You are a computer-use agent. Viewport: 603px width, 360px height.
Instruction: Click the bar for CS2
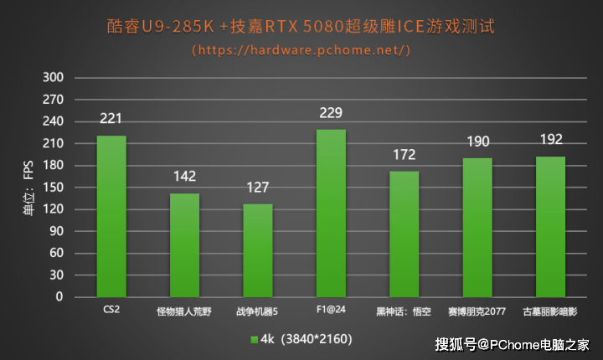(x=111, y=216)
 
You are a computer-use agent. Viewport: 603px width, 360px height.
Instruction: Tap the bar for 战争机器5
(x=258, y=250)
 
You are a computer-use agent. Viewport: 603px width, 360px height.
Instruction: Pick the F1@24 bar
(x=331, y=213)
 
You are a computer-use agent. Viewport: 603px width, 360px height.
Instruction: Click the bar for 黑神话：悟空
(x=404, y=234)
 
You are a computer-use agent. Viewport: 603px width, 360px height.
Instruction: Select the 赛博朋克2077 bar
(x=477, y=227)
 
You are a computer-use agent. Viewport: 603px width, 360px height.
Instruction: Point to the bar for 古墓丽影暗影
(x=550, y=226)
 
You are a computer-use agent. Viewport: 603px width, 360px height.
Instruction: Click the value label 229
(x=331, y=112)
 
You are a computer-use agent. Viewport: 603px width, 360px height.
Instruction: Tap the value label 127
(x=258, y=187)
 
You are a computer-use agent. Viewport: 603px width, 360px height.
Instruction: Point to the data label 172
(x=404, y=154)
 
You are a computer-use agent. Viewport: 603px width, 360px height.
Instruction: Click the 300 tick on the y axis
(x=54, y=78)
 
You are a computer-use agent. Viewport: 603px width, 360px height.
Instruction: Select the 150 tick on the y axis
(x=54, y=188)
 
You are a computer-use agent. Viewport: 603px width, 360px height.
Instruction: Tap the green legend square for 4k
(x=254, y=339)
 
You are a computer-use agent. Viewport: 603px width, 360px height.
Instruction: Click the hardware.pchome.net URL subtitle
(x=301, y=49)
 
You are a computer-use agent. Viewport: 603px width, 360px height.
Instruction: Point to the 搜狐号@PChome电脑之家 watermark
(x=524, y=343)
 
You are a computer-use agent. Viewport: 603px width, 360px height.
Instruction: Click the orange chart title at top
(x=301, y=26)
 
